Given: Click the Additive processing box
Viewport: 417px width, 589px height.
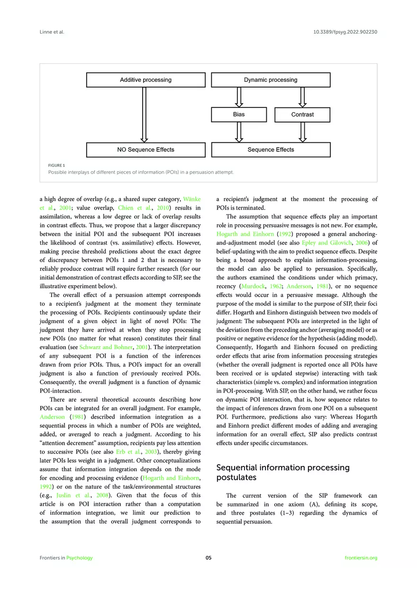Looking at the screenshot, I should pyautogui.click(x=145, y=80).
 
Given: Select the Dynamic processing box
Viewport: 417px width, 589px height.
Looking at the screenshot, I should pyautogui.click(x=271, y=80).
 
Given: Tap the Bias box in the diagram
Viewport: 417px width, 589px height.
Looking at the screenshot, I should pyautogui.click(x=239, y=114).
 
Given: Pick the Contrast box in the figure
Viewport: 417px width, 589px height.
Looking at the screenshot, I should pyautogui.click(x=302, y=115).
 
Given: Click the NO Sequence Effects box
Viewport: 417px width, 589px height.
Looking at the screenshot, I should pyautogui.click(x=145, y=150).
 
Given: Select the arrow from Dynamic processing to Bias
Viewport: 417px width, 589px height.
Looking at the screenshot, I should pyautogui.click(x=239, y=97).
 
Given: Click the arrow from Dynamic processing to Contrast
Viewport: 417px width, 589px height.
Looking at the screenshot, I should pyautogui.click(x=302, y=97).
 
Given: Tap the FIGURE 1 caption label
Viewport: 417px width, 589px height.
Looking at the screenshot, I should pyautogui.click(x=56, y=165).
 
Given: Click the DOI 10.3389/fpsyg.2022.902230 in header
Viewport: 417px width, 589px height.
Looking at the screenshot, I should pyautogui.click(x=345, y=32).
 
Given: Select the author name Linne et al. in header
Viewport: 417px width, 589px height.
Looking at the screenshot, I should pyautogui.click(x=52, y=32).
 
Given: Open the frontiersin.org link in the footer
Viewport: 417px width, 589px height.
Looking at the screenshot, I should pyautogui.click(x=361, y=558).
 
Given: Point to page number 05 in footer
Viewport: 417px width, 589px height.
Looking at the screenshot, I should pyautogui.click(x=208, y=558).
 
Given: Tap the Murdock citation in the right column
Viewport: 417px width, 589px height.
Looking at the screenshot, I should pyautogui.click(x=254, y=286).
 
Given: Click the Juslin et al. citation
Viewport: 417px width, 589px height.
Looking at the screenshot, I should pyautogui.click(x=71, y=496).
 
